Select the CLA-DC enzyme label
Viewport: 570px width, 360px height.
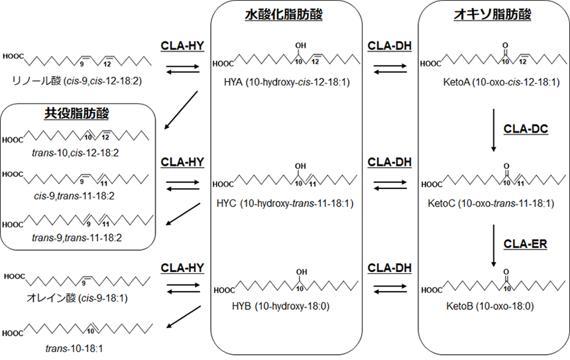click(526, 129)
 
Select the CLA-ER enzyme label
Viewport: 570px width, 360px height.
click(526, 244)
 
